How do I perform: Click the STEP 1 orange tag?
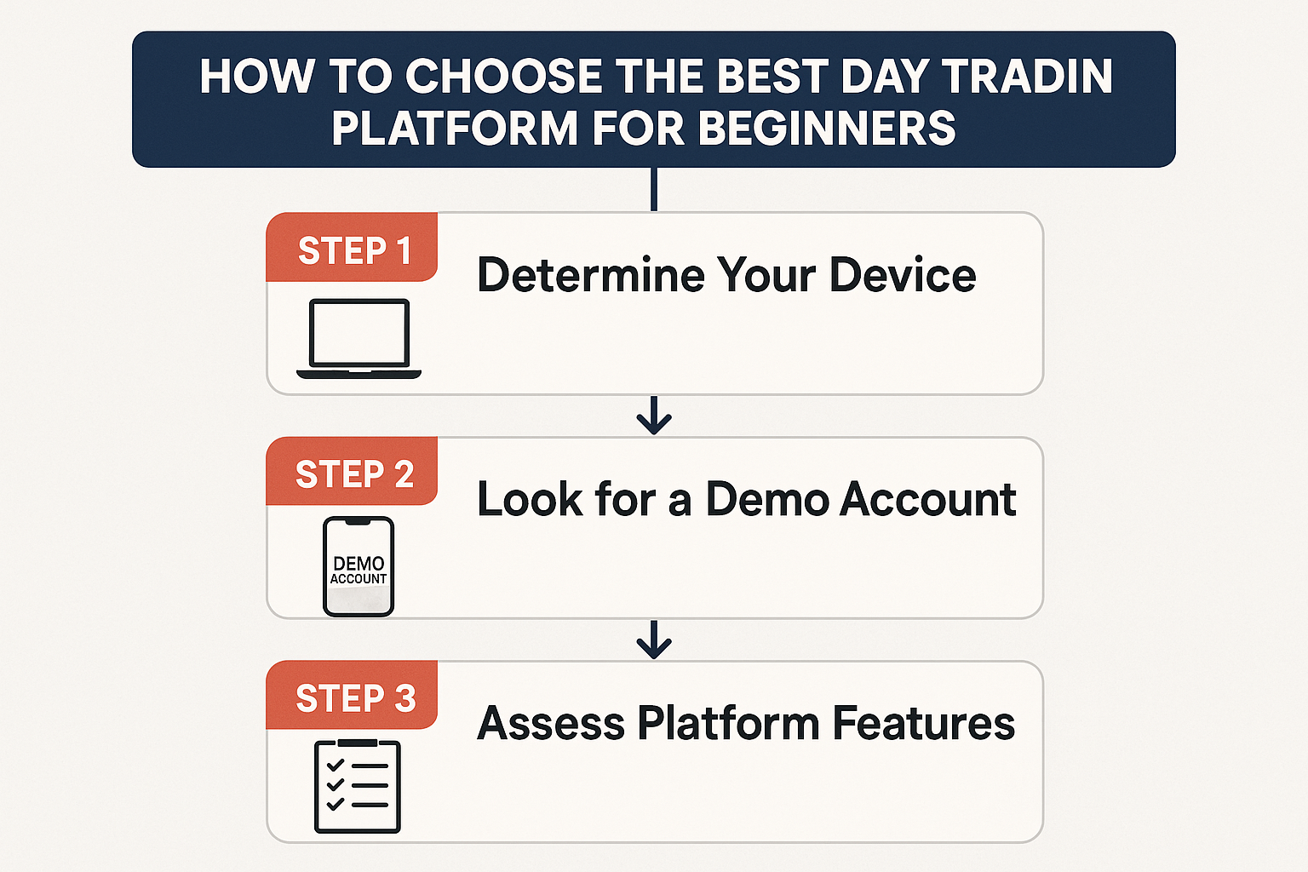click(x=352, y=247)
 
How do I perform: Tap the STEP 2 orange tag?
click(x=352, y=471)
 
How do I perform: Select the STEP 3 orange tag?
click(x=352, y=695)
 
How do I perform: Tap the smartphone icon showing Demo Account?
click(x=359, y=566)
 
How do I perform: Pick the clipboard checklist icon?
click(x=358, y=786)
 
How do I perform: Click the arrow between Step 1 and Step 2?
click(x=654, y=416)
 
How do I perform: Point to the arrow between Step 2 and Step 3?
click(x=654, y=640)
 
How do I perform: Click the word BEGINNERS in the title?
click(x=827, y=128)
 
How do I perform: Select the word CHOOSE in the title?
click(x=503, y=76)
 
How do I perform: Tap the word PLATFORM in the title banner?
click(x=455, y=128)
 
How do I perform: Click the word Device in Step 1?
click(x=903, y=274)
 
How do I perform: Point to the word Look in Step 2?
click(x=530, y=499)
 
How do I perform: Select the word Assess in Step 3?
click(x=551, y=723)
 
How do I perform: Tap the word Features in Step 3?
click(x=924, y=723)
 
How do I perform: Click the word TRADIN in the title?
click(x=1028, y=76)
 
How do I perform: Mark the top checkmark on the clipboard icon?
click(x=336, y=765)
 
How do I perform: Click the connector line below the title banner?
click(x=654, y=189)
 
